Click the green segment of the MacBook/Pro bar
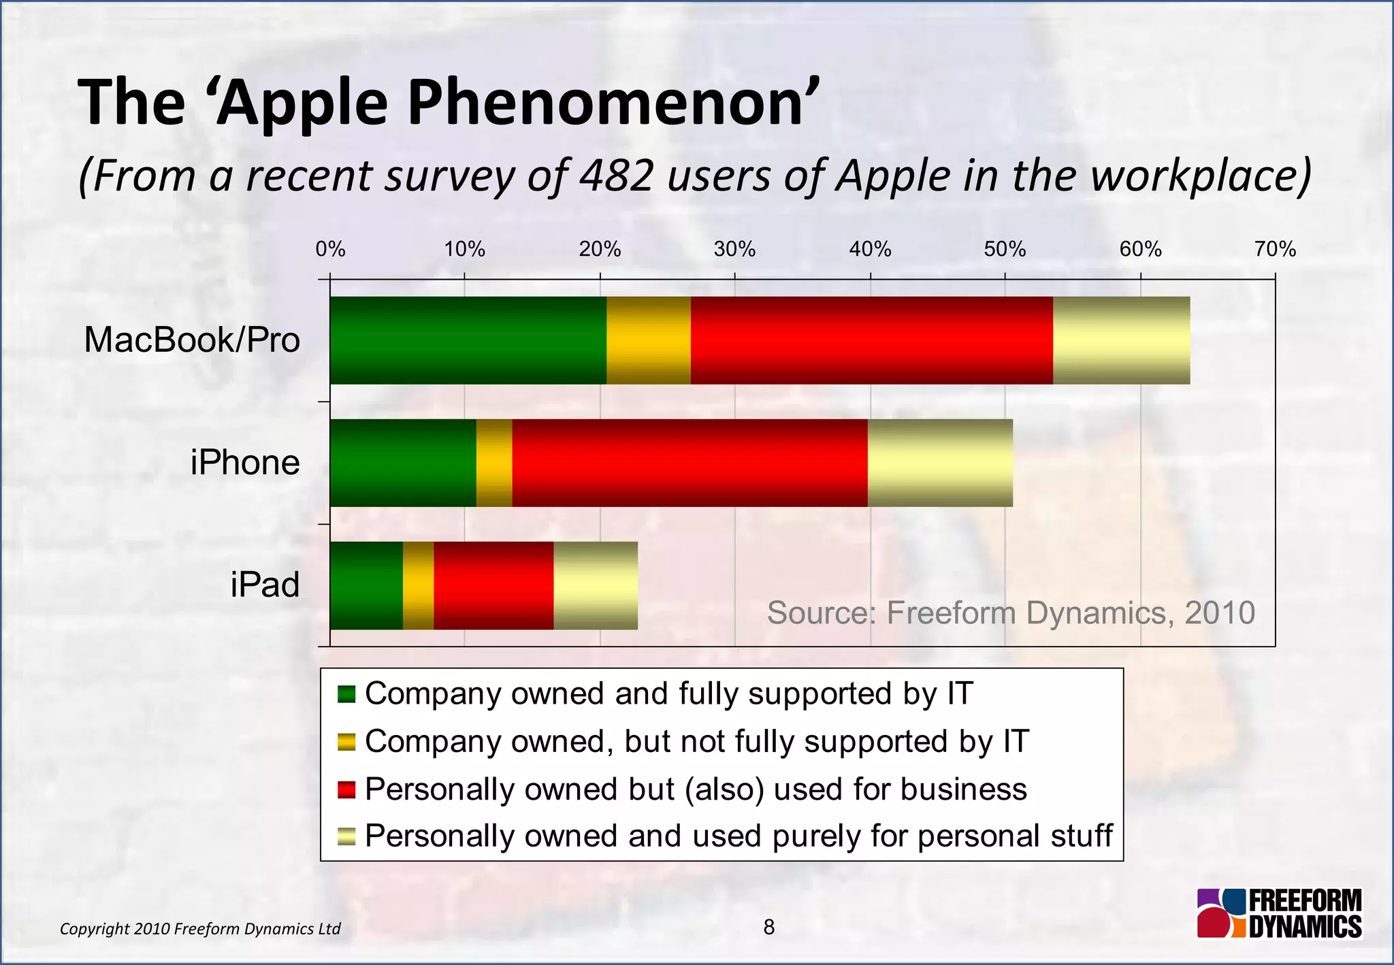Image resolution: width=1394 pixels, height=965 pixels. coord(468,340)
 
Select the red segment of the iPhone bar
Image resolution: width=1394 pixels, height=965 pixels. coord(690,463)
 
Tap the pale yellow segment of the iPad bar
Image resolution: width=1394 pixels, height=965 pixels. coord(596,586)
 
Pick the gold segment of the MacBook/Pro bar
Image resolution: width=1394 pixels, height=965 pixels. coord(649,340)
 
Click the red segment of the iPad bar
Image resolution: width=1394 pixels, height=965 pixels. coord(493,586)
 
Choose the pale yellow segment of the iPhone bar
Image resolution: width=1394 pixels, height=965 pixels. coord(940,463)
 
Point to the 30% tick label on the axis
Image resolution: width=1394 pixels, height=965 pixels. coord(734,250)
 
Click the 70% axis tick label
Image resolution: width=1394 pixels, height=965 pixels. coord(1275,250)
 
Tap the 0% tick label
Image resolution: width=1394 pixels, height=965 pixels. coord(330,250)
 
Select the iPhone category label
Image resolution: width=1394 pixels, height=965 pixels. coord(245,463)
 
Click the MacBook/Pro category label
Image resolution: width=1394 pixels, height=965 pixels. coord(192,340)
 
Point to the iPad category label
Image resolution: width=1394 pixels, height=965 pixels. coord(265,585)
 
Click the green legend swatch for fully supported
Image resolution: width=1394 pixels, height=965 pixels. coord(346,694)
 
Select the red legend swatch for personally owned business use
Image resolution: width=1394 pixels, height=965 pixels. coord(346,789)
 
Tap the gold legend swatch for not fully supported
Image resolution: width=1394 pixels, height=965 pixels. coord(346,742)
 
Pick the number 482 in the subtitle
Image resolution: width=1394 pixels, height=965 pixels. coord(617,176)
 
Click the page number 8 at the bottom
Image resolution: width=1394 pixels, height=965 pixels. coord(769,927)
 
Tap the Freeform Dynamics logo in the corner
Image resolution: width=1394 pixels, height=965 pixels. coord(1279,914)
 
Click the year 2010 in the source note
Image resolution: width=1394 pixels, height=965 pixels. coord(1220,612)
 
